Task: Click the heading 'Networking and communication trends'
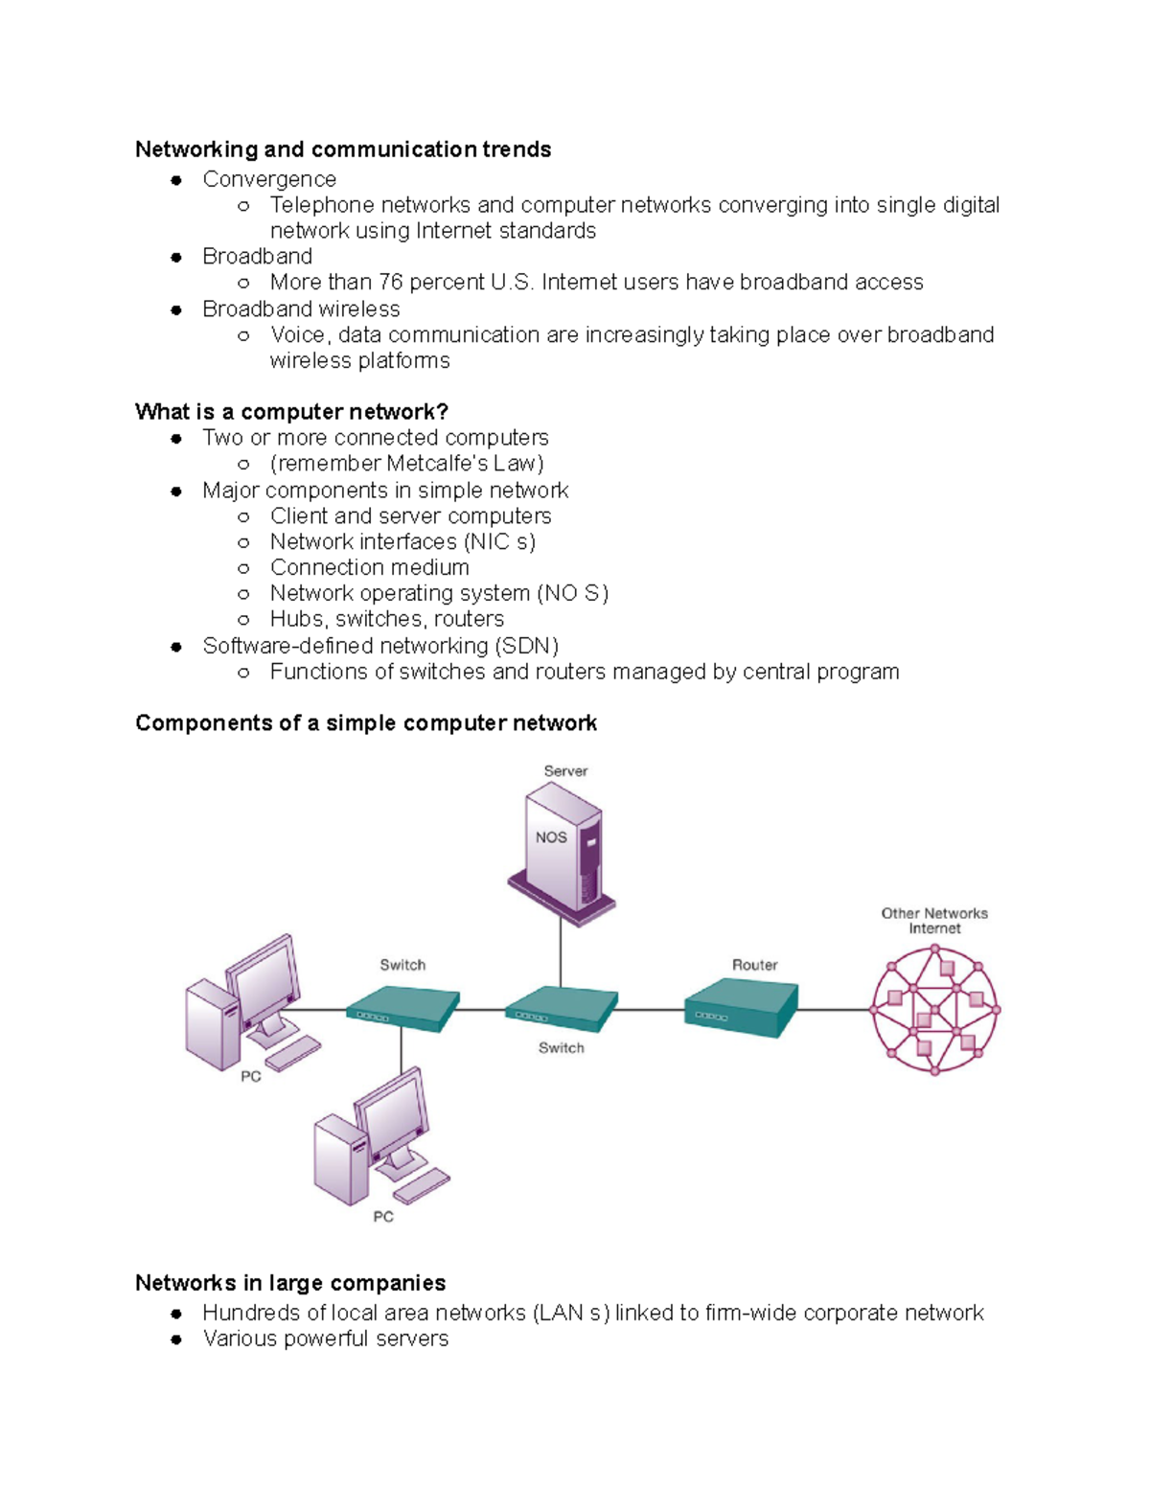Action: [343, 149]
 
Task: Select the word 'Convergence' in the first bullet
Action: [269, 179]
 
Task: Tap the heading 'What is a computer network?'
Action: [291, 412]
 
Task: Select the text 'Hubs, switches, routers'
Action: [386, 619]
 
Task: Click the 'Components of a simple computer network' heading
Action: [366, 723]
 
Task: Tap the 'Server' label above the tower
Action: [565, 770]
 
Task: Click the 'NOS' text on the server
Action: [551, 837]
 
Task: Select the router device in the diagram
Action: [740, 1009]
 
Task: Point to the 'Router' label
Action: [754, 965]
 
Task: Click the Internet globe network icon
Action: [934, 1010]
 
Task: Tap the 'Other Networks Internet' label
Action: [934, 921]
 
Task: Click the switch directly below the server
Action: [561, 1009]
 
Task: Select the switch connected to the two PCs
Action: [402, 1009]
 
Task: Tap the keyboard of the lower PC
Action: [422, 1185]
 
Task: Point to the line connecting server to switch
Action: [561, 953]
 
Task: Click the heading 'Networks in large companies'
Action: [290, 1283]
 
